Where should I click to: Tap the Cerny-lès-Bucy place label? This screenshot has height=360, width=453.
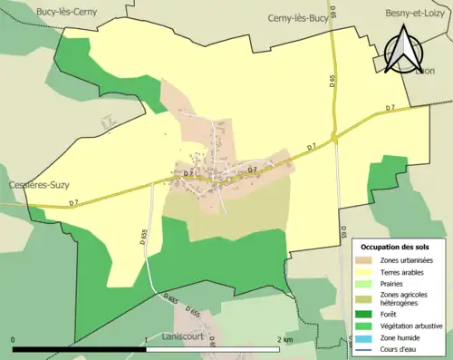coord(298,17)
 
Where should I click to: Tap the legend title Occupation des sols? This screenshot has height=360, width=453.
coord(397,246)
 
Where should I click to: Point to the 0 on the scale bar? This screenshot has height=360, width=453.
coord(14,340)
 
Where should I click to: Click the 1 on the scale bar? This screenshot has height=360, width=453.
coord(146,340)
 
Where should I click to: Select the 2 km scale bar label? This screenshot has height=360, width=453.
coord(284,340)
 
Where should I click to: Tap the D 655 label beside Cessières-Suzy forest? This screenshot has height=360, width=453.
coord(145,238)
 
